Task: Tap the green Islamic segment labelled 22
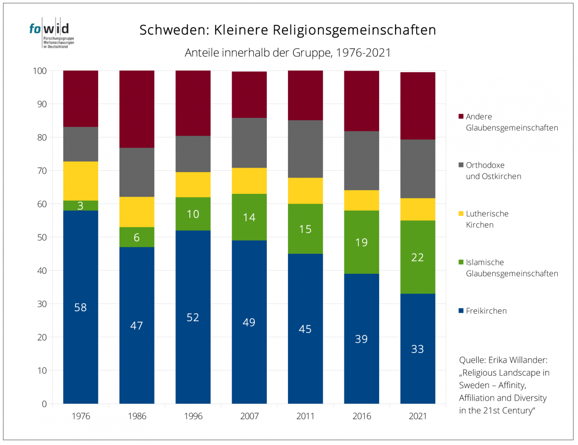[417, 257]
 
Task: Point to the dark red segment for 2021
[417, 106]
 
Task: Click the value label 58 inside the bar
[80, 307]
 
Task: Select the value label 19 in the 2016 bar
[361, 242]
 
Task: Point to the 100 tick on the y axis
[40, 71]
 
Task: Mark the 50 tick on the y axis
[42, 237]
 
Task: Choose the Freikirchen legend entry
[486, 311]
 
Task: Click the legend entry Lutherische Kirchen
[487, 219]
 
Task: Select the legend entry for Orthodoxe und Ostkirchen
[493, 170]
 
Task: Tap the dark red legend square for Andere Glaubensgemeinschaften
[460, 116]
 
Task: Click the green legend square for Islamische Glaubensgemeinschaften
[460, 262]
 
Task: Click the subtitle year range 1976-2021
[362, 53]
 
